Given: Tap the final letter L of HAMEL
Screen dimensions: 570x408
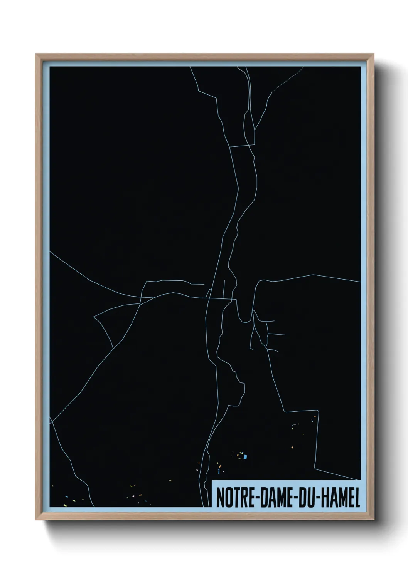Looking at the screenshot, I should tap(357, 498).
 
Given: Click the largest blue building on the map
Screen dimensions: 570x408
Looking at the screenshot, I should tap(245, 457).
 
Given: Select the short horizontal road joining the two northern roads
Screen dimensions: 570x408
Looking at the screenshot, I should tap(242, 146).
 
